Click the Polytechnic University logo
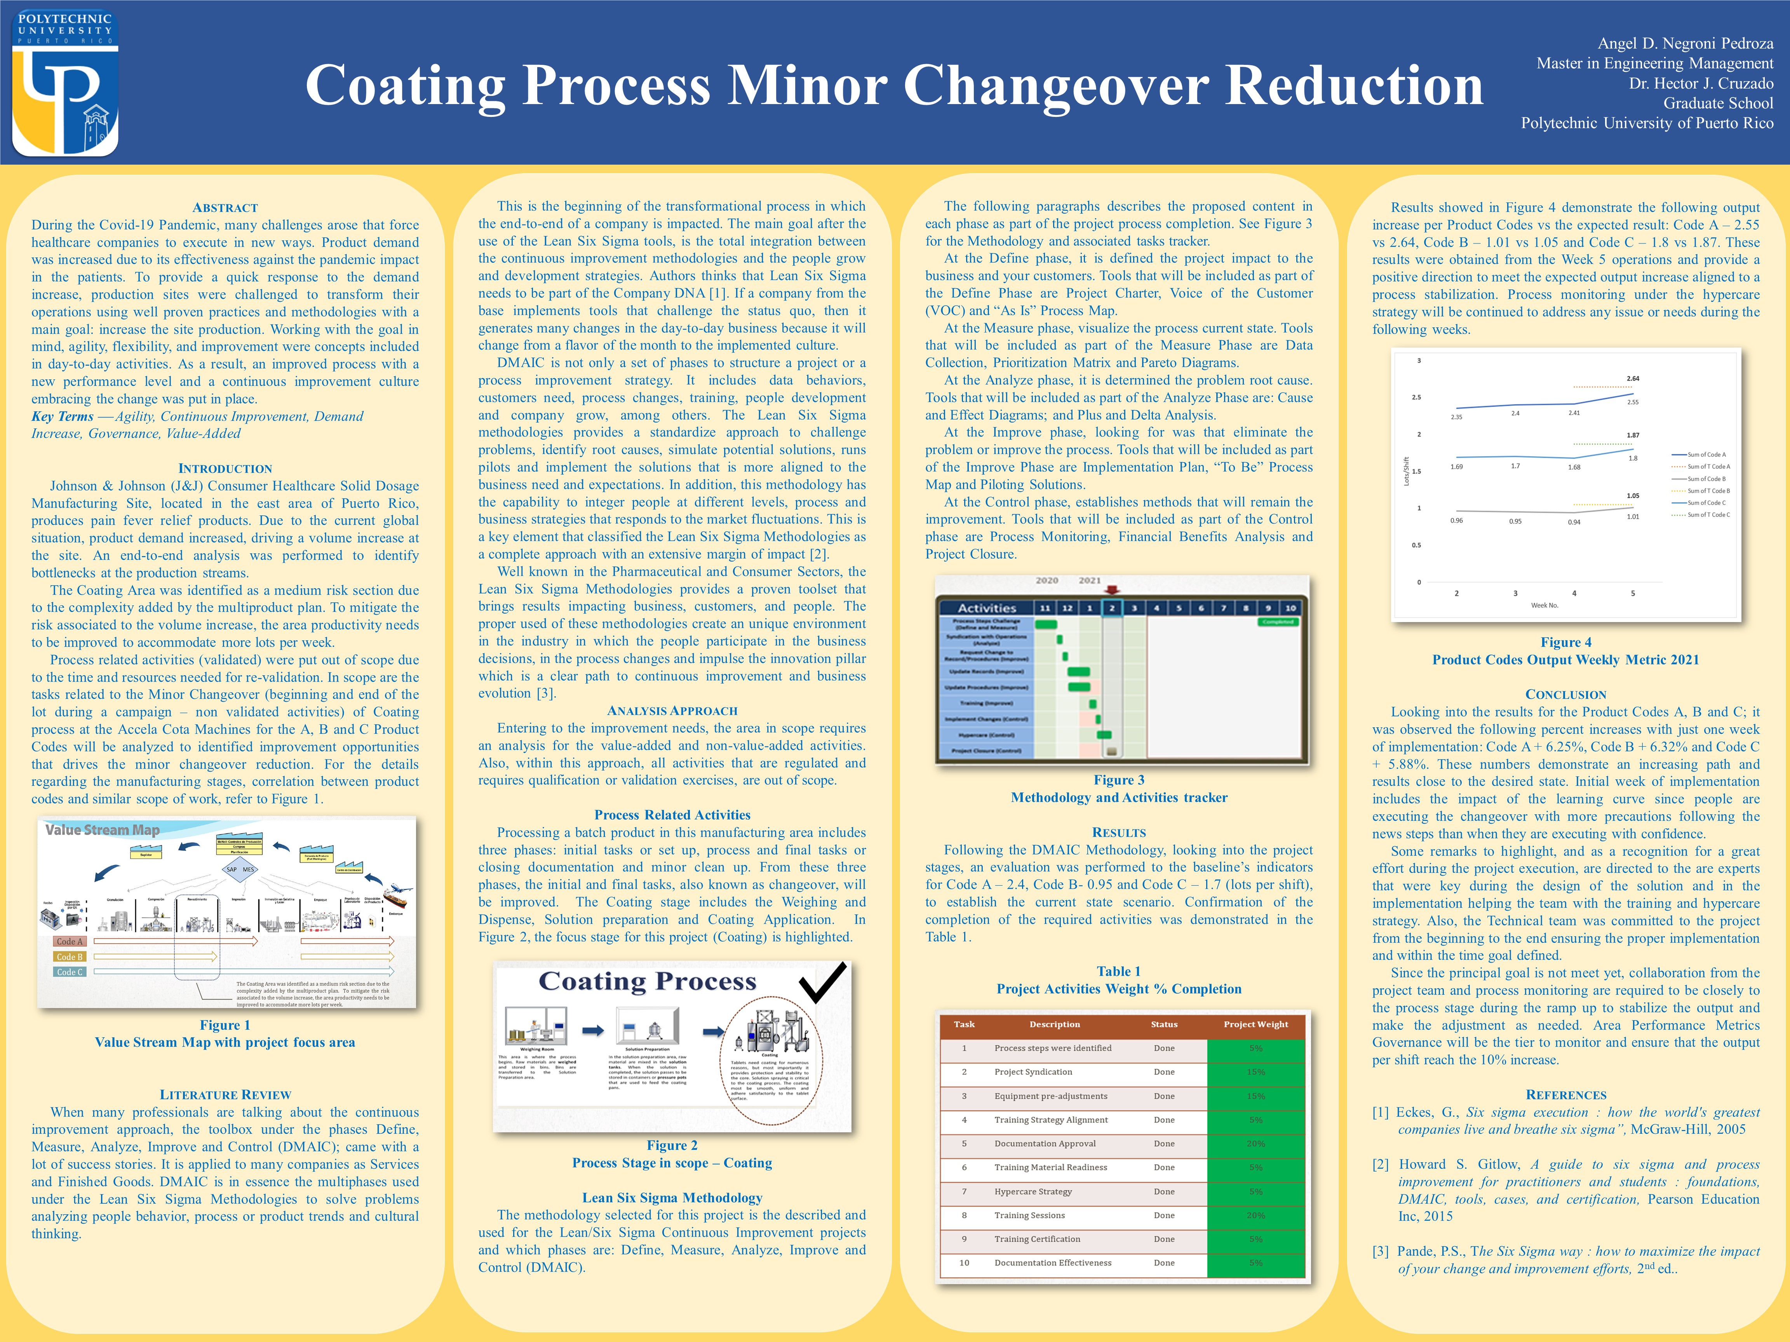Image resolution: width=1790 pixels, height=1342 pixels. coord(65,82)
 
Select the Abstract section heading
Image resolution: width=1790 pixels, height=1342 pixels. coord(225,208)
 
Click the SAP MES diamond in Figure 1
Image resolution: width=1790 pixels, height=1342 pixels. coord(240,869)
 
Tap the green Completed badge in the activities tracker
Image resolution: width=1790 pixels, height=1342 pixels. coord(1278,622)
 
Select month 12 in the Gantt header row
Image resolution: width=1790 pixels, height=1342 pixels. coord(1067,607)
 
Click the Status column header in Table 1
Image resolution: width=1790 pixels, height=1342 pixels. coord(1164,1024)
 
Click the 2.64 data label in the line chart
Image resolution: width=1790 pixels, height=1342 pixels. coord(1633,379)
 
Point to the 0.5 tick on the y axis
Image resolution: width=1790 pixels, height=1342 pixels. coord(1416,545)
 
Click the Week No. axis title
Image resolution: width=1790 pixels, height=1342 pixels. coord(1544,605)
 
